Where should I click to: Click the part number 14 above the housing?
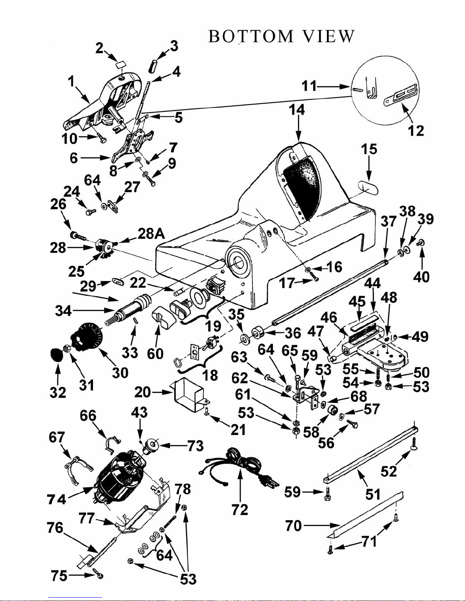pyautogui.click(x=297, y=110)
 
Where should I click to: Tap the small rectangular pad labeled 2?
pyautogui.click(x=120, y=66)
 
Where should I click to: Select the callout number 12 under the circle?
pyautogui.click(x=416, y=130)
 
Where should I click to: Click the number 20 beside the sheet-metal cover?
pyautogui.click(x=142, y=392)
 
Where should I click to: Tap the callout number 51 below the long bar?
pyautogui.click(x=373, y=494)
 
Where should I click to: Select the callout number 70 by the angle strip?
pyautogui.click(x=293, y=526)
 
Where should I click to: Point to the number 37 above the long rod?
pyautogui.click(x=388, y=221)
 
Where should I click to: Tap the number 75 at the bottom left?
pyautogui.click(x=59, y=576)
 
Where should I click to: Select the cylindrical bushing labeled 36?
pyautogui.click(x=257, y=333)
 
